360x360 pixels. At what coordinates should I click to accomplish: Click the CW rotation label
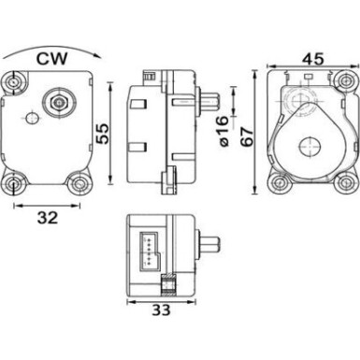(51, 59)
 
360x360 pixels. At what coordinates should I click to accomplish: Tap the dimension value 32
(48, 218)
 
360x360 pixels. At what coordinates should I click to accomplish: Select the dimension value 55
(102, 134)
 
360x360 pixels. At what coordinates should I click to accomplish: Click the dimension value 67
(248, 137)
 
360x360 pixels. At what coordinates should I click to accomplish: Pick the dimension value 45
(314, 59)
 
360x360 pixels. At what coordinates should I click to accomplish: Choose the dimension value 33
(162, 310)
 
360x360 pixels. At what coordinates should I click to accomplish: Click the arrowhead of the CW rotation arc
(98, 56)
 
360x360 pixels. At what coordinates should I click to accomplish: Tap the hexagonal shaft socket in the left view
(59, 102)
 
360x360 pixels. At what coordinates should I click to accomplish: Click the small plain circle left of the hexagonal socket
(31, 118)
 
